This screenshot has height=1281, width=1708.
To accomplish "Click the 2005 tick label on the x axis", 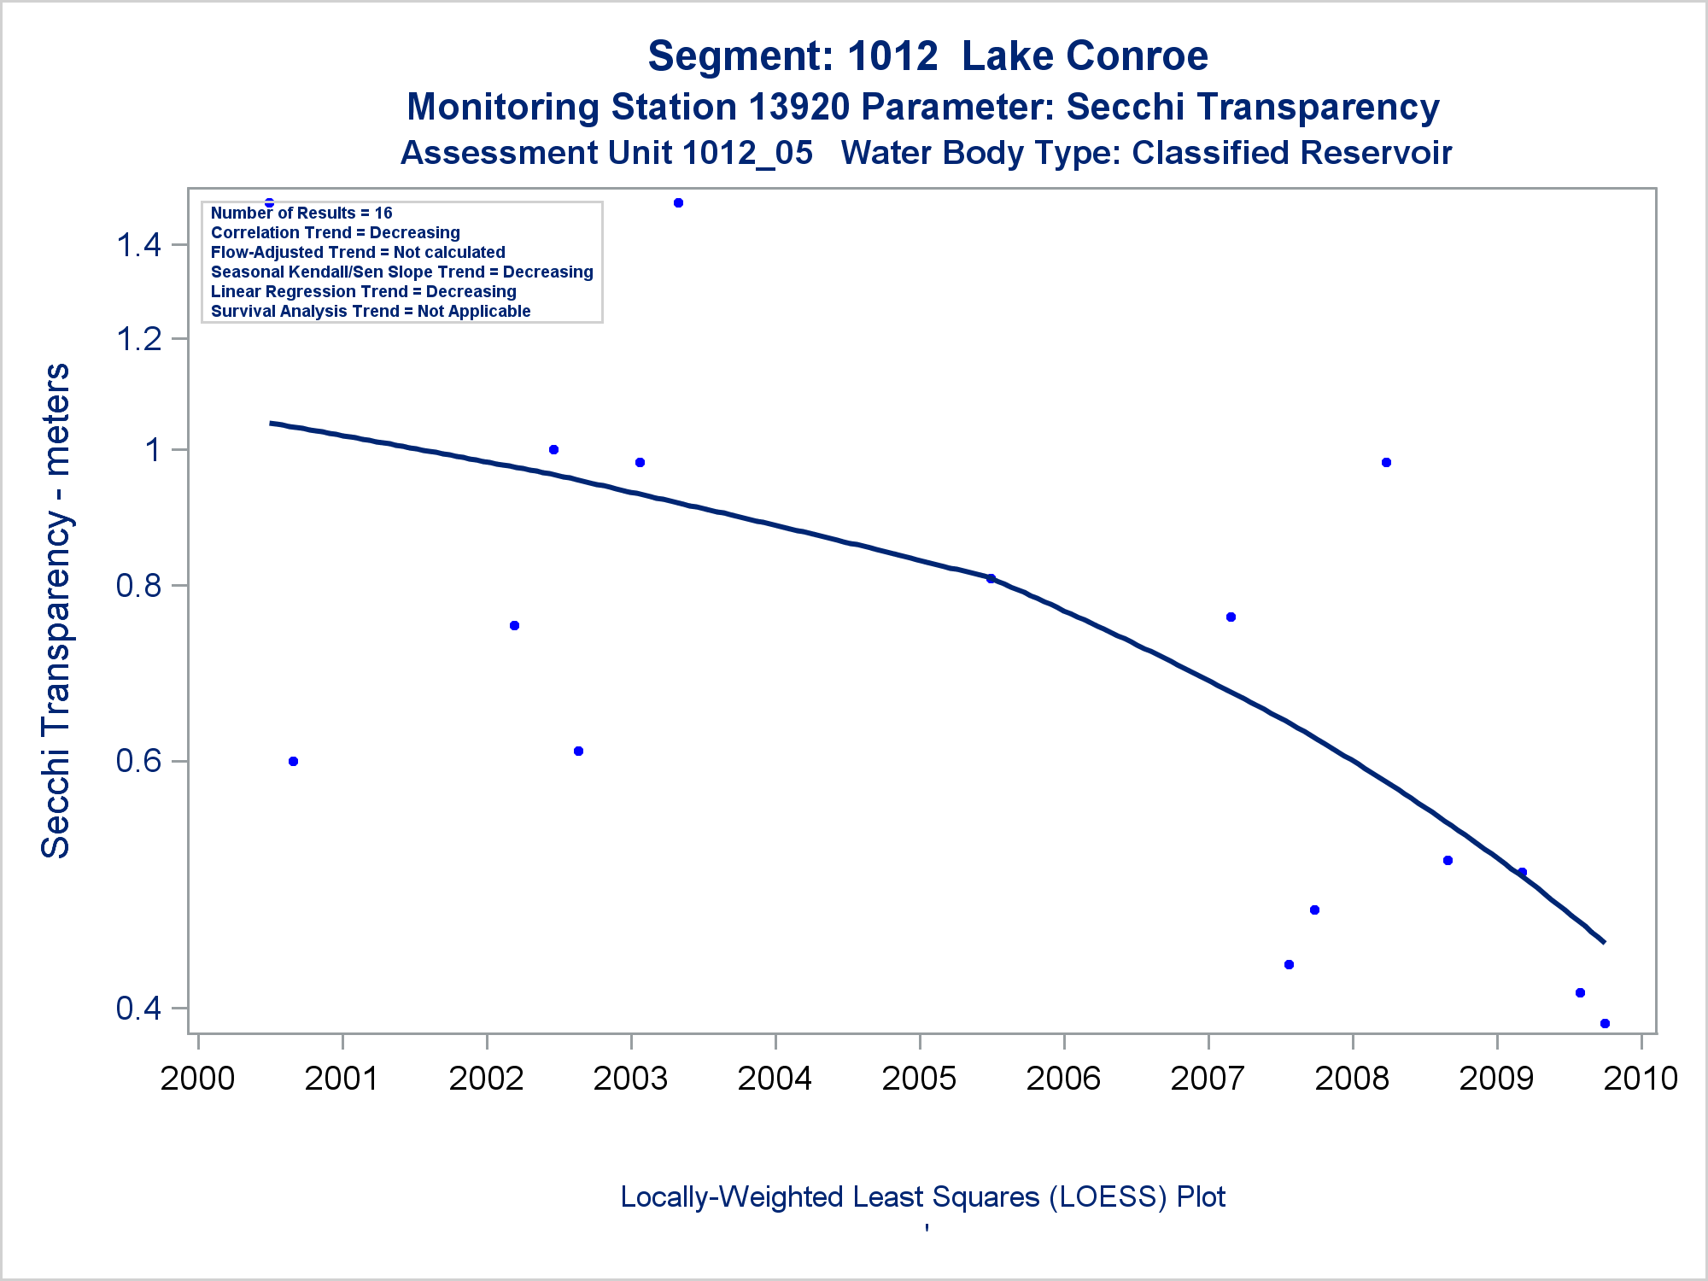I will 919,1079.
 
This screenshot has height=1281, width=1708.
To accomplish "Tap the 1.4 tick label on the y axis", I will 139,246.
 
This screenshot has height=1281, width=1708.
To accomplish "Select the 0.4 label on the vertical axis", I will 139,1009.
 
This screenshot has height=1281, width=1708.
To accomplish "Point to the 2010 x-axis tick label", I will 1641,1079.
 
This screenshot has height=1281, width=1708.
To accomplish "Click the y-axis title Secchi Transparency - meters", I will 56,611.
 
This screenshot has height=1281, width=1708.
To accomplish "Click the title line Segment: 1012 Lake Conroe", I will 927,56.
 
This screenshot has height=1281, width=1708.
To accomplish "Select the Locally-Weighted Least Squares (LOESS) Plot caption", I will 922,1196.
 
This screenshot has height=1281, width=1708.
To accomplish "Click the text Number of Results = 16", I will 301,213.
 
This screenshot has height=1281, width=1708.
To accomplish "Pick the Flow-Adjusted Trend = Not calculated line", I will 358,252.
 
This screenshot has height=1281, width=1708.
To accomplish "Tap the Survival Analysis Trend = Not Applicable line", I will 371,311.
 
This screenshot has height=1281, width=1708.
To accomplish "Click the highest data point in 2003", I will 678,203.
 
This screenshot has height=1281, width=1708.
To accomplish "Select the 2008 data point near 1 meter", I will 1386,463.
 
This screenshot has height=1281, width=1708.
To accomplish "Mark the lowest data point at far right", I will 1605,1023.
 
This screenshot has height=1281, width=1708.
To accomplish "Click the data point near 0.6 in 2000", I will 293,761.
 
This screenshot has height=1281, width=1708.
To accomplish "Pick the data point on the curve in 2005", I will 991,578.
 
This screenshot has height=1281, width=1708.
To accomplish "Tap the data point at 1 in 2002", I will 553,449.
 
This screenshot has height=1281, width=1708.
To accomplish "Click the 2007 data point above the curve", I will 1231,617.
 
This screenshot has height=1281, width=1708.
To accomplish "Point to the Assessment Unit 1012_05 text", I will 606,153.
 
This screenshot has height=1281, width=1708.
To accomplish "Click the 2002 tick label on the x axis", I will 486,1079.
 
